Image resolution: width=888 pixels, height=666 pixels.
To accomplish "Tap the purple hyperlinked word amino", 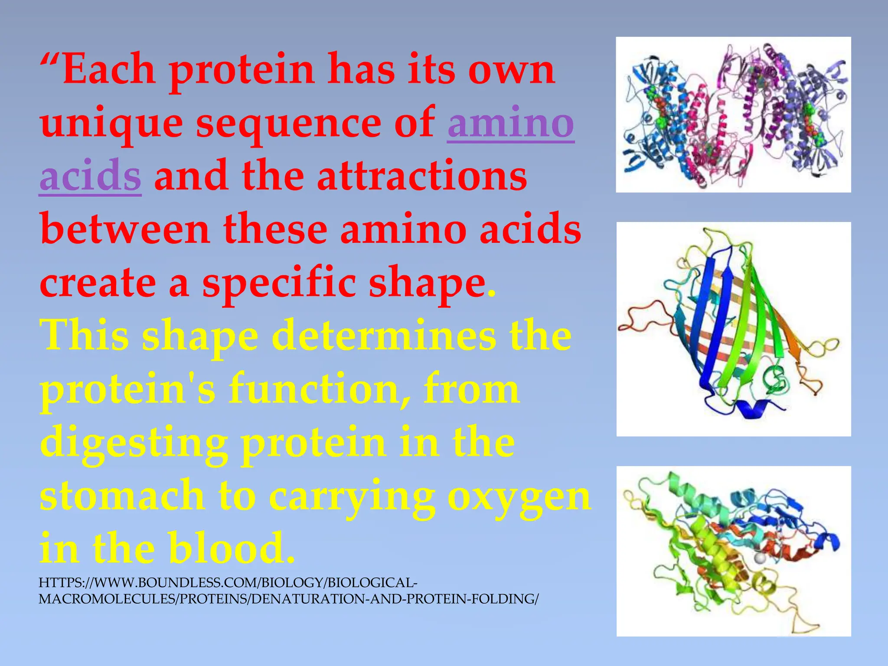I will click(x=511, y=123).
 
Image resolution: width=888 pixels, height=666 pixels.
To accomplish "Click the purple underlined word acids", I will click(x=90, y=176).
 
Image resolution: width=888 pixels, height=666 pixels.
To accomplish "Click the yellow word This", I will click(x=85, y=336).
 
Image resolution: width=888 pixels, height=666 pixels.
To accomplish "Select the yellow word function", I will click(x=319, y=389).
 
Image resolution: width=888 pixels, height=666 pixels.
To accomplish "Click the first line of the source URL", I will click(x=228, y=582).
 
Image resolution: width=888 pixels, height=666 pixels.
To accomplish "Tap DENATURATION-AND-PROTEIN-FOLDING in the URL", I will click(x=395, y=599).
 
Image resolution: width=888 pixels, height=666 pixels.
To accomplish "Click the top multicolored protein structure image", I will click(x=733, y=114).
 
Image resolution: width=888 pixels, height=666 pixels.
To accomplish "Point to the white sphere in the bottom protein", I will click(x=759, y=558).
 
